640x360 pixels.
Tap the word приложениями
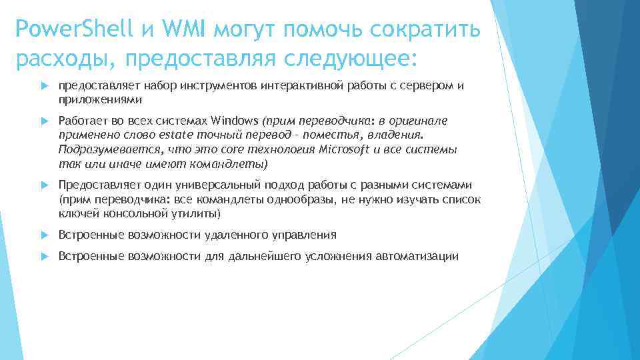tap(101, 99)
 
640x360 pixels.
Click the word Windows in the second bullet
tap(235, 121)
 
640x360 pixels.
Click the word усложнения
tap(341, 256)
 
